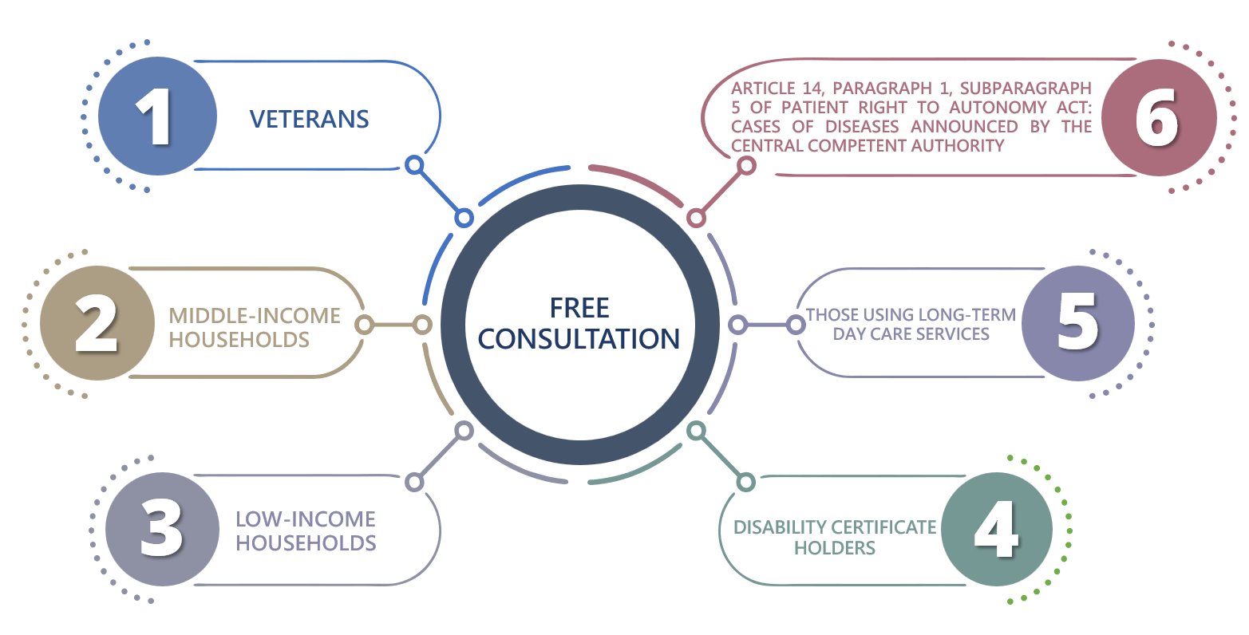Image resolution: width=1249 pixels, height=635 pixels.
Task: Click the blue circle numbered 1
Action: [157, 116]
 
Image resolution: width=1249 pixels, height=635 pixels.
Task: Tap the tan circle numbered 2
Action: [97, 323]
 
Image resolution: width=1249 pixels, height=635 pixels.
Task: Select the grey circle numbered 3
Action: [162, 529]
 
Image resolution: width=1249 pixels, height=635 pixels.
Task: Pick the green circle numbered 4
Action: [997, 529]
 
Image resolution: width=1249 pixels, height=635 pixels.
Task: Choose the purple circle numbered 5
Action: [1078, 323]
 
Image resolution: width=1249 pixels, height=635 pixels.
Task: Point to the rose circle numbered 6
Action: [1160, 117]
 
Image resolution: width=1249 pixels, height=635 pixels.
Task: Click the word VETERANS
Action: [309, 120]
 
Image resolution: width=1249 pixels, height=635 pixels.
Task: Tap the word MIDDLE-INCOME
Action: [255, 316]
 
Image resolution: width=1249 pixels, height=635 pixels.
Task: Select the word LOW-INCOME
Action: [306, 519]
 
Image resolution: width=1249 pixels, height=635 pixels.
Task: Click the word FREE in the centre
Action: [579, 308]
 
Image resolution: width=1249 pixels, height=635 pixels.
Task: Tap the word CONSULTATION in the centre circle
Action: [579, 339]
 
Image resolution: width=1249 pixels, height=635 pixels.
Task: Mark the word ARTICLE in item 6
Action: [763, 88]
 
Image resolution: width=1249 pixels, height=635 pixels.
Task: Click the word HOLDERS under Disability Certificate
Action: [835, 549]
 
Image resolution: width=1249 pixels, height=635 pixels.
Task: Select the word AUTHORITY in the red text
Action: [958, 146]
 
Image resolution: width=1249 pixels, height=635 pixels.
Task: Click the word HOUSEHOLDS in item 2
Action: [239, 340]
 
